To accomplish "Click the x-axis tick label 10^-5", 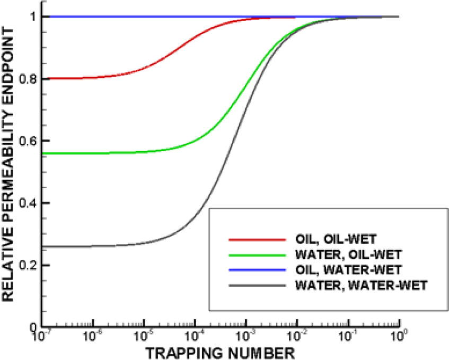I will [143, 337].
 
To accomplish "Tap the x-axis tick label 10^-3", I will [245, 337].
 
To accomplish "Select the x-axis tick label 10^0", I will [398, 337].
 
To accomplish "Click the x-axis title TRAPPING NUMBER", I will [220, 352].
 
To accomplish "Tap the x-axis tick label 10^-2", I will [296, 337].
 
